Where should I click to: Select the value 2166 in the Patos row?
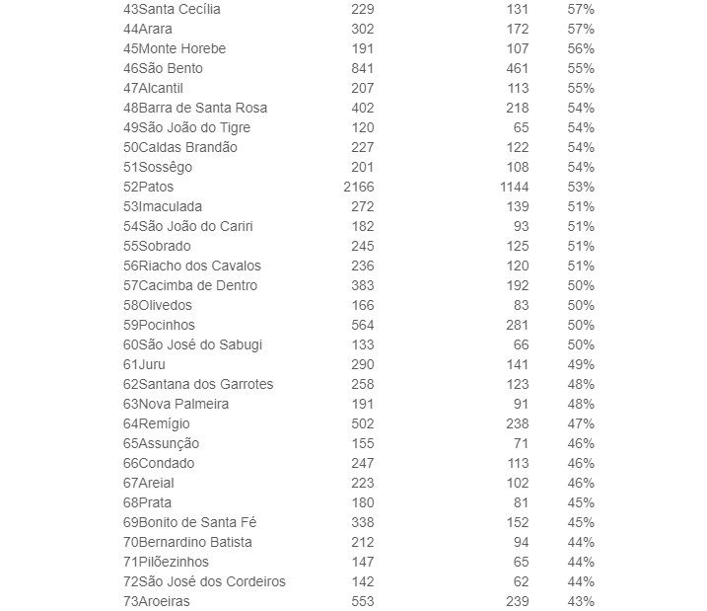click(358, 187)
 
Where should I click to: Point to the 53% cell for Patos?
click(581, 187)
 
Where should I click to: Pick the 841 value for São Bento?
click(362, 68)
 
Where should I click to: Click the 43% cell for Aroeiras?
click(581, 601)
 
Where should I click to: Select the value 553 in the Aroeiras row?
click(362, 601)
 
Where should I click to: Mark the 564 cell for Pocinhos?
click(362, 325)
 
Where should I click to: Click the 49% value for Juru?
click(581, 364)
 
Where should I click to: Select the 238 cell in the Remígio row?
click(517, 423)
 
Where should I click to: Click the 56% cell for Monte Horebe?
click(581, 48)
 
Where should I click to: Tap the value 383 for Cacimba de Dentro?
click(362, 285)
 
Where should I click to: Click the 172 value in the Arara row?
click(517, 29)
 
